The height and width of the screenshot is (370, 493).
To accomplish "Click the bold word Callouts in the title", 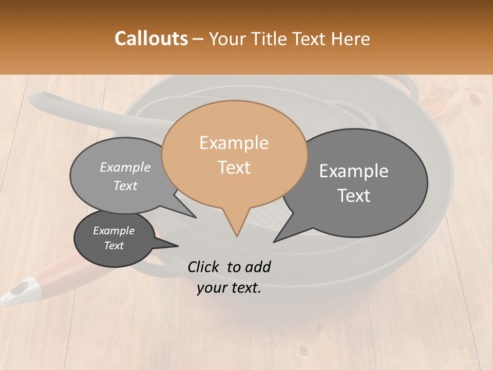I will pos(151,39).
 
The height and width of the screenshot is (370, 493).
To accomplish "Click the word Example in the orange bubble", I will pos(234,143).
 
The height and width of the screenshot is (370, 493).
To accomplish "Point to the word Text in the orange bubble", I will pos(234,168).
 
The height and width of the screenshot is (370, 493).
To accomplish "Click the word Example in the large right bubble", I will pos(354,171).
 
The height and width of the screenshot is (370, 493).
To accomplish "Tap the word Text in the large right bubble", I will pos(354,196).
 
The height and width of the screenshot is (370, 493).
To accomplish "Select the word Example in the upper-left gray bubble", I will pos(125,168).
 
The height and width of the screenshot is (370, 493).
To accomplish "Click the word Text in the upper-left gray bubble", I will pos(125,186).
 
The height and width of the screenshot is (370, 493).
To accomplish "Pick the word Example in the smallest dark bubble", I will pos(113,231).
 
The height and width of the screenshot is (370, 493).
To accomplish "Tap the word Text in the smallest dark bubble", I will pos(113,246).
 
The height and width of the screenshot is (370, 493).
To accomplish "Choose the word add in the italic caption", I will pos(257,267).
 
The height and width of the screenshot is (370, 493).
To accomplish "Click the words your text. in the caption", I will pos(229,288).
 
